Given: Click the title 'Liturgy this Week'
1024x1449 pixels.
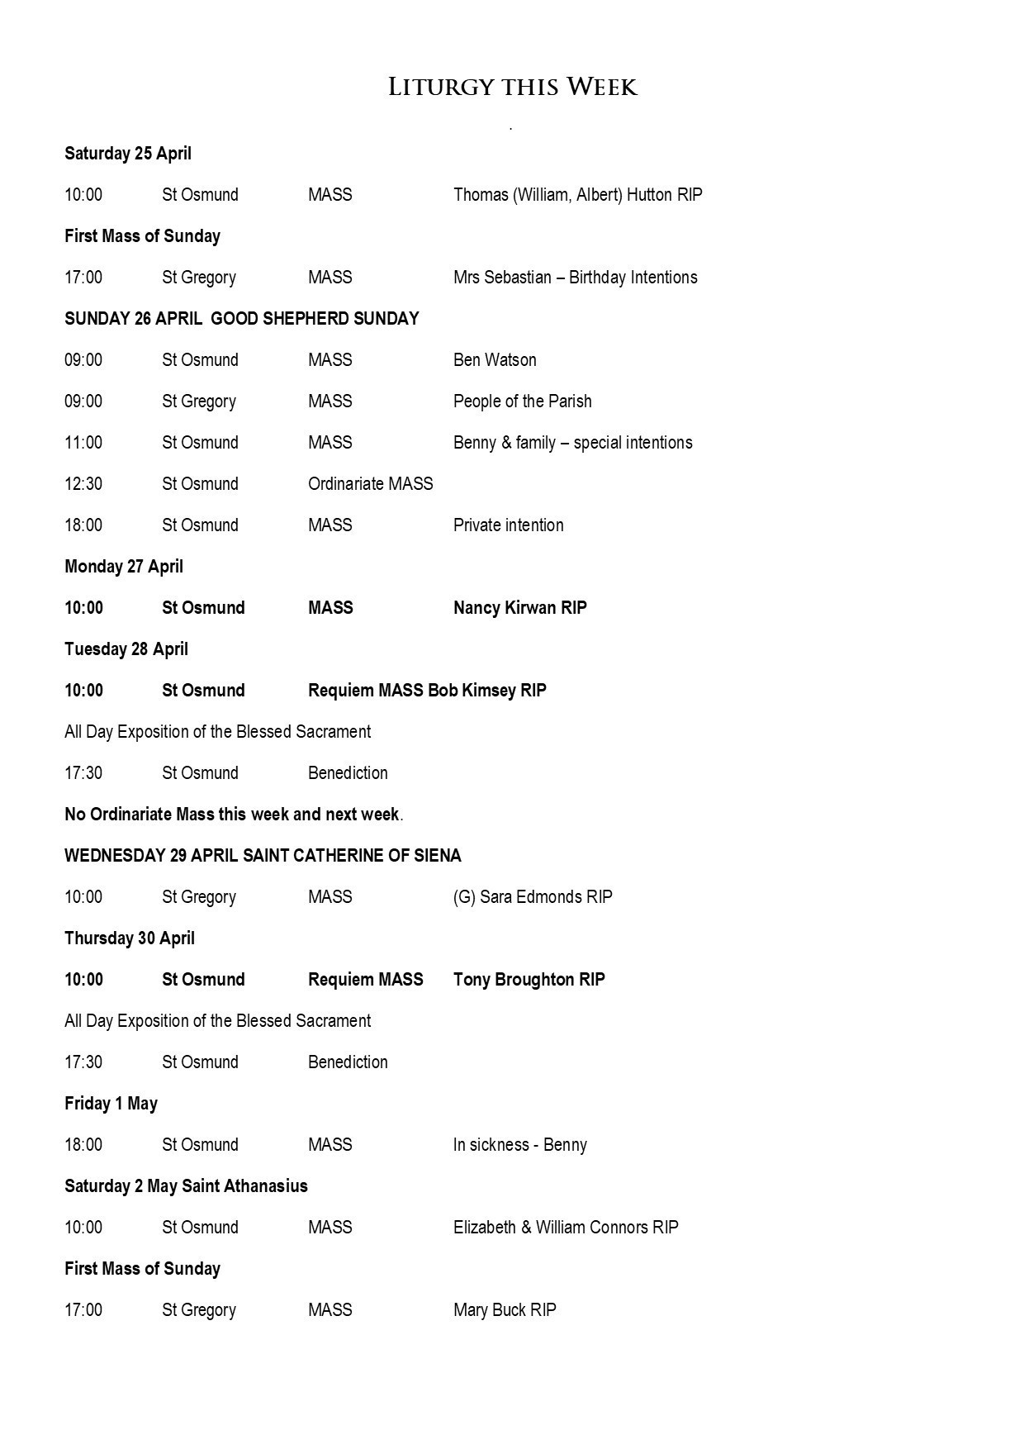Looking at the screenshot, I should pyautogui.click(x=512, y=87).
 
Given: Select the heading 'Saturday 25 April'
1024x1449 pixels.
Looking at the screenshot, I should pyautogui.click(x=128, y=154).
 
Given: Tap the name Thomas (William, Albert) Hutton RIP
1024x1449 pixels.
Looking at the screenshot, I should pyautogui.click(x=577, y=195).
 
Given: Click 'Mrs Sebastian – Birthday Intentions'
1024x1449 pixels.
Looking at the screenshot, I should pyautogui.click(x=575, y=278).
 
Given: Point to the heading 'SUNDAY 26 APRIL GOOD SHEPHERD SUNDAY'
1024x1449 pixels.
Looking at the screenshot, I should pyautogui.click(x=241, y=319).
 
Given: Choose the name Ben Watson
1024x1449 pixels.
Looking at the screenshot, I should pyautogui.click(x=495, y=360).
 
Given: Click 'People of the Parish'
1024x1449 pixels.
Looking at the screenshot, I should pyautogui.click(x=522, y=401).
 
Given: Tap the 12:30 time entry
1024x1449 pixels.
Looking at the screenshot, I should pyautogui.click(x=83, y=484).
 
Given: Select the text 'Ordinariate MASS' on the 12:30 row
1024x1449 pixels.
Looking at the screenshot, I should pyautogui.click(x=370, y=484).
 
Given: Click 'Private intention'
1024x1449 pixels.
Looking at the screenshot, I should pyautogui.click(x=508, y=525).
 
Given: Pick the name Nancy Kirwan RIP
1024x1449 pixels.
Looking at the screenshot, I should pyautogui.click(x=519, y=608).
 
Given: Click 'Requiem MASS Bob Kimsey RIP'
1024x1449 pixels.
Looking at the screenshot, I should pyautogui.click(x=427, y=691).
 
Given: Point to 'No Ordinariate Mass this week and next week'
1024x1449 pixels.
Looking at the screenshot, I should pyautogui.click(x=232, y=815).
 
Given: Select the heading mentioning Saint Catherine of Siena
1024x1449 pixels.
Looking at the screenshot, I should pyautogui.click(x=263, y=856).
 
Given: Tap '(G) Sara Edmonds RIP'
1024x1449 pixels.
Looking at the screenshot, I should pyautogui.click(x=533, y=897).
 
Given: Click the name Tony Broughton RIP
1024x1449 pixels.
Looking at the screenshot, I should pyautogui.click(x=529, y=980).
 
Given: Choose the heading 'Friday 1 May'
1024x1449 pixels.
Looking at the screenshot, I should pyautogui.click(x=111, y=1104).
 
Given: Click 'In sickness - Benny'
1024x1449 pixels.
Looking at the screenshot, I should pyautogui.click(x=519, y=1145).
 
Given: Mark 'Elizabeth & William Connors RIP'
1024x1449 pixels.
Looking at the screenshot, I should pyautogui.click(x=566, y=1228).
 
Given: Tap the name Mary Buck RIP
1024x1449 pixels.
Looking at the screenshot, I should pyautogui.click(x=505, y=1310).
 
